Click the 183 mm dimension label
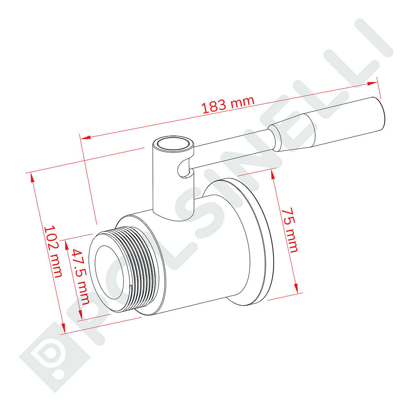click(228, 105)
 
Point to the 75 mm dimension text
click(289, 230)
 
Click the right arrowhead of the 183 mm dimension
click(372, 83)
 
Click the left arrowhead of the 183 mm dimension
click(85, 137)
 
